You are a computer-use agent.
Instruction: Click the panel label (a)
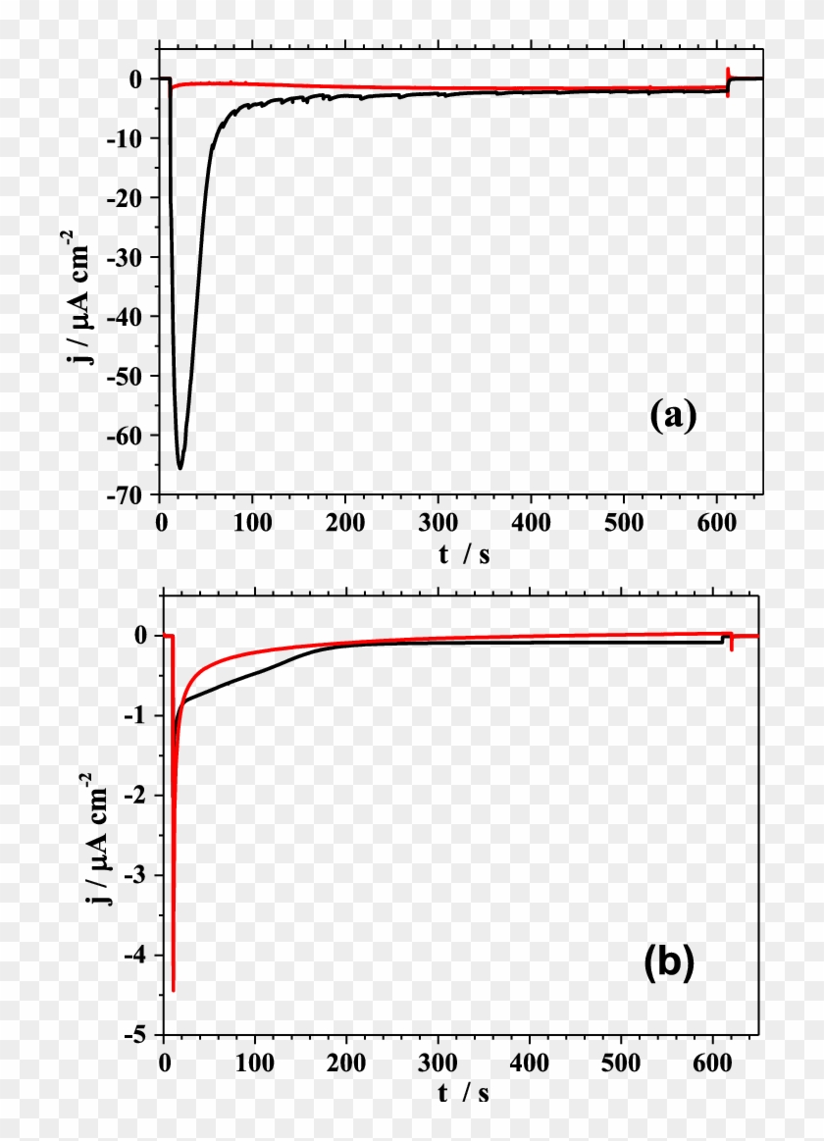tap(673, 416)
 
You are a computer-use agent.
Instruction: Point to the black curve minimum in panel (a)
tap(180, 467)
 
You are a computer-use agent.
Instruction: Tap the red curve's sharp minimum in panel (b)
tap(173, 989)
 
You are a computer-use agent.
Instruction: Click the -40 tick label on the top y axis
tap(136, 317)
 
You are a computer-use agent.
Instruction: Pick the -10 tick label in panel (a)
tap(136, 138)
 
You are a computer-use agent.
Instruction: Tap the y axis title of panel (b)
tap(96, 837)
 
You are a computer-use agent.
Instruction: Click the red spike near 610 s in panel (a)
tap(727, 80)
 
